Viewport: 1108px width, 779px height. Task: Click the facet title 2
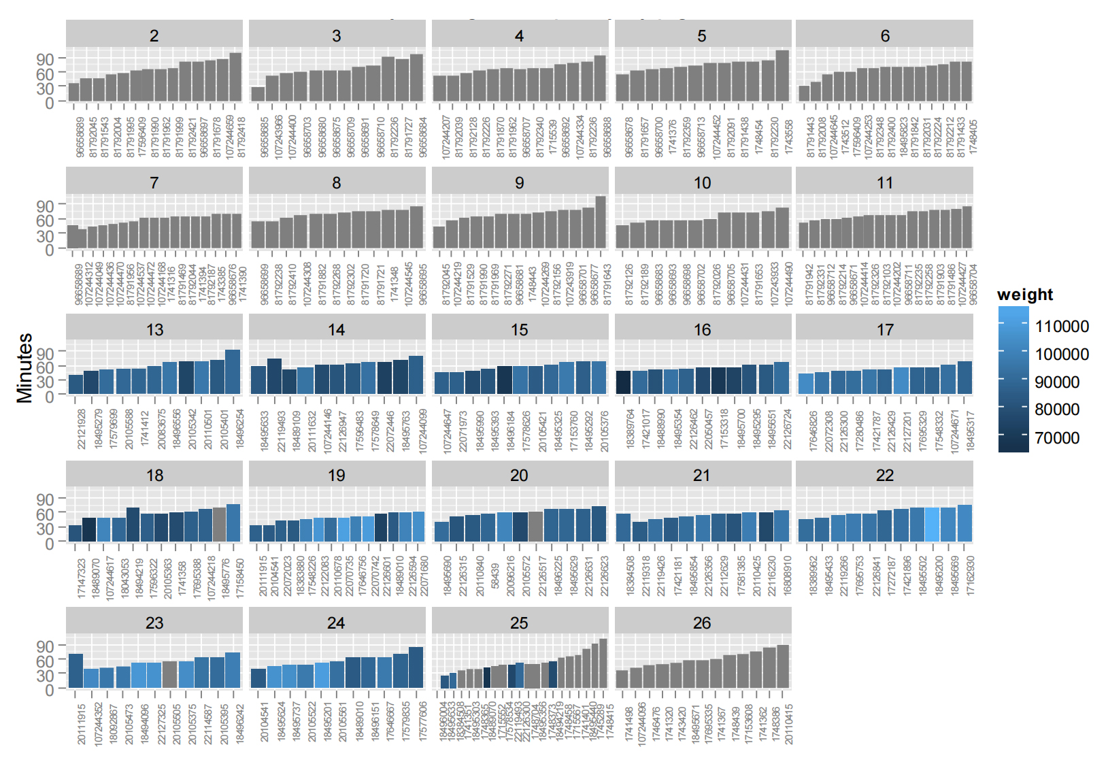[x=154, y=36]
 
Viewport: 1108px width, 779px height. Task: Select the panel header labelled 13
[x=154, y=330]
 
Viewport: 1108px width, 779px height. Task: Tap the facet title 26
[x=702, y=623]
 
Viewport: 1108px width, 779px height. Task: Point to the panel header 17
[x=884, y=330]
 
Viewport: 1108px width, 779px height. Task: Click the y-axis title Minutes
[x=24, y=367]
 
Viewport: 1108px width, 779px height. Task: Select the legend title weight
[x=1024, y=295]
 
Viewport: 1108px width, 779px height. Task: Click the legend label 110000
[x=1062, y=327]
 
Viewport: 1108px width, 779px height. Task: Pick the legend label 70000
[x=1057, y=437]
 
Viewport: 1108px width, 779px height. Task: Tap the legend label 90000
[x=1057, y=382]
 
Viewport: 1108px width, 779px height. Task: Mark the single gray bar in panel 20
[x=535, y=527]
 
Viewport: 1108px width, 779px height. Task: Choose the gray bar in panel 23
[x=169, y=674]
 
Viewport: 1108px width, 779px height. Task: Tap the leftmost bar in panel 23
[x=75, y=671]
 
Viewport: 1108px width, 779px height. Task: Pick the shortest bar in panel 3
[x=258, y=95]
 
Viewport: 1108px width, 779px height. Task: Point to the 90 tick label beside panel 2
[x=45, y=59]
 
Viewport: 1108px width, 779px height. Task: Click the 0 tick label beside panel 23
[x=49, y=690]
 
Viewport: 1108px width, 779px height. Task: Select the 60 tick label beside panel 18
[x=45, y=514]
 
